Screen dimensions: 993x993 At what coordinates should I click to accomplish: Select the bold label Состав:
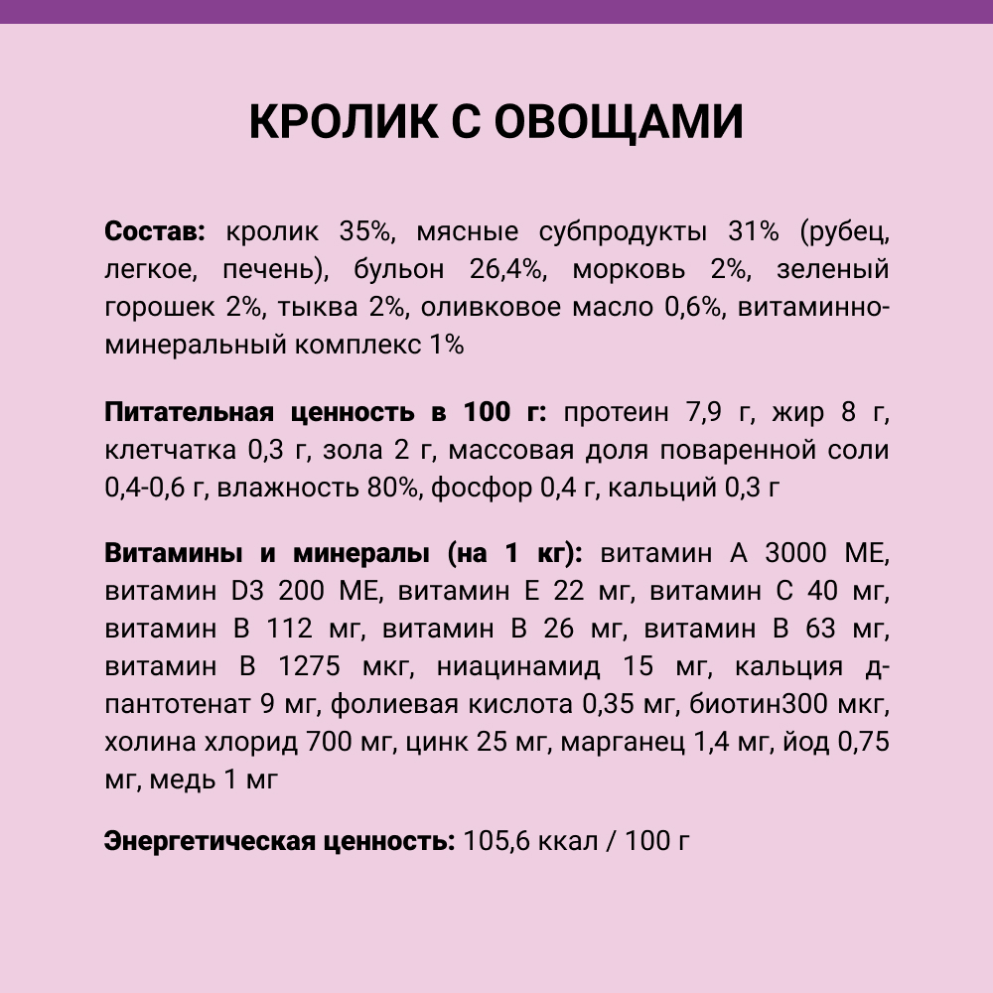[154, 232]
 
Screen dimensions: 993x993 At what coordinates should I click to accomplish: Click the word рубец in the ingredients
[844, 232]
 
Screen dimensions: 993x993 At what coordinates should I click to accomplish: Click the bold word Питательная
[189, 412]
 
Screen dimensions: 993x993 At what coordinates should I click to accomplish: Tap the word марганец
[623, 742]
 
